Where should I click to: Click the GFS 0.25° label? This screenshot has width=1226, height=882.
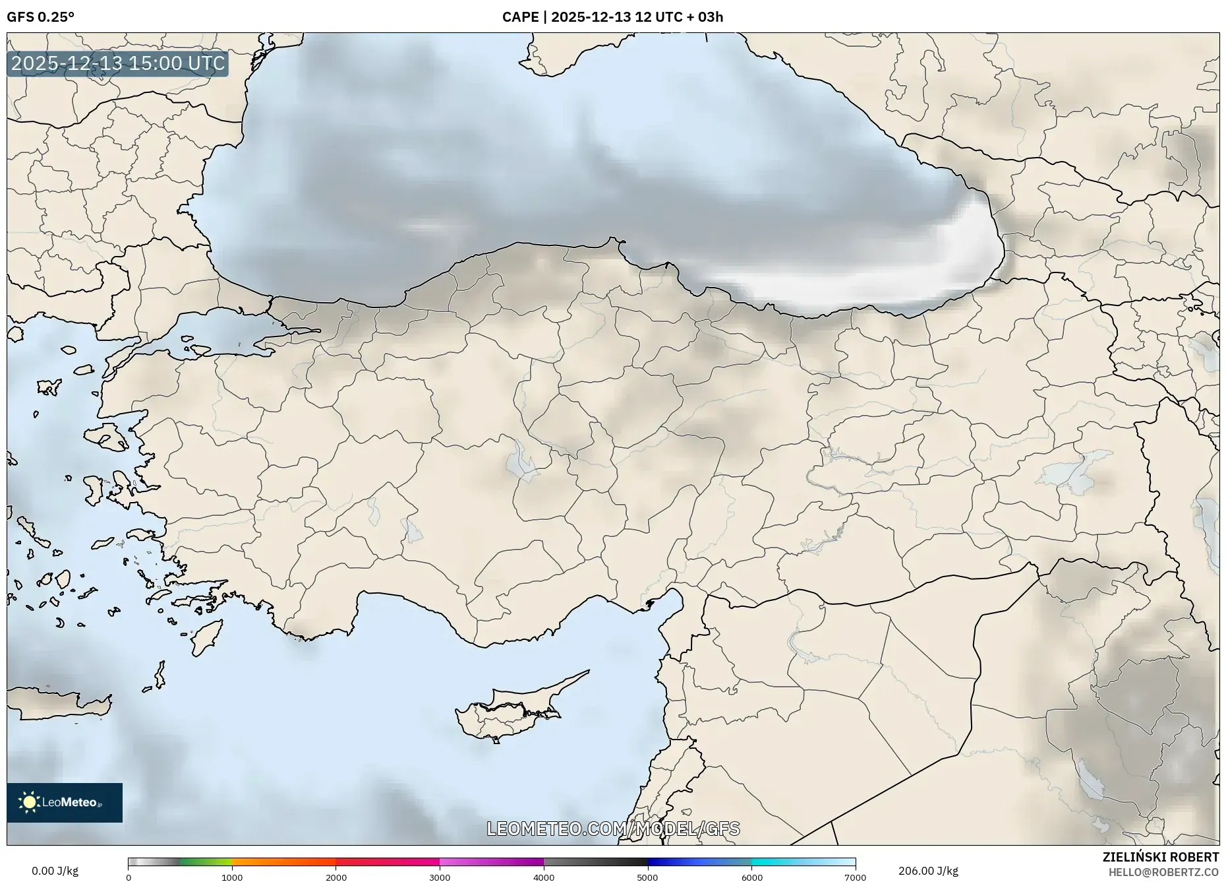point(40,17)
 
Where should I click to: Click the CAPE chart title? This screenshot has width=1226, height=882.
point(612,17)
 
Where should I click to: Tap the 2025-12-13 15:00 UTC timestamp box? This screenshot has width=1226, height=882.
point(118,64)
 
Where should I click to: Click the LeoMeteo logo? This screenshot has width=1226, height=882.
point(65,802)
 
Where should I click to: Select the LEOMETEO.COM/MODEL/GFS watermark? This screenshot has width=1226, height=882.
point(613,829)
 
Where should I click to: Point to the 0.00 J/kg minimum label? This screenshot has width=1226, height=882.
point(55,871)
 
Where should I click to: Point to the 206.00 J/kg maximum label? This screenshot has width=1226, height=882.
point(928,871)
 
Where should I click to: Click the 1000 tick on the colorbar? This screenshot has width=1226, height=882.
point(232,877)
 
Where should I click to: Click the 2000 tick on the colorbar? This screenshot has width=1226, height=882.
point(336,877)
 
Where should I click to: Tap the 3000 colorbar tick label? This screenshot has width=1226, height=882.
point(440,877)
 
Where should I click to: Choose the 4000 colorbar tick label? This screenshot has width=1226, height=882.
point(544,877)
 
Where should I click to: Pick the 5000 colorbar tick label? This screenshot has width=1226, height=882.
point(647,877)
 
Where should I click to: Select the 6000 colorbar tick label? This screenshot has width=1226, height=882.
point(751,877)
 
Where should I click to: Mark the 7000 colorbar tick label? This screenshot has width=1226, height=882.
point(855,877)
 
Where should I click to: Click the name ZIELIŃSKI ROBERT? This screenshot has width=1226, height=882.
point(1160,857)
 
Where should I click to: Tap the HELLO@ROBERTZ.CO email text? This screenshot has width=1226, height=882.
point(1163,872)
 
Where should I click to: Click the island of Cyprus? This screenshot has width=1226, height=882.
point(508,712)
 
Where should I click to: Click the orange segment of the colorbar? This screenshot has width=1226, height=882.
point(283,862)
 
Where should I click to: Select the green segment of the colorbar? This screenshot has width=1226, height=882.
point(206,862)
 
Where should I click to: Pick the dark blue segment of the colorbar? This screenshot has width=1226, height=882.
point(679,862)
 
